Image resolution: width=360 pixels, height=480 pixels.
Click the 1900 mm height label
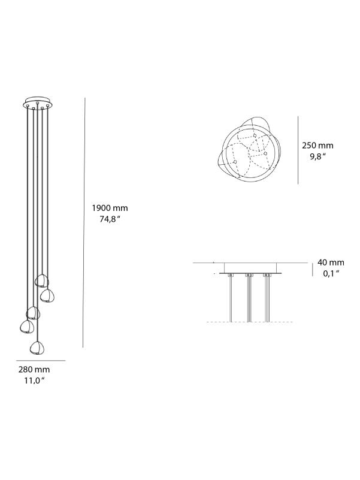[110, 208]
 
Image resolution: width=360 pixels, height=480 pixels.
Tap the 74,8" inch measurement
[110, 219]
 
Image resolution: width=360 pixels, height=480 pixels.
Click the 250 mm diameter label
[317, 146]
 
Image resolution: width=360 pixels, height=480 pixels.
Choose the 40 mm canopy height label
[331, 262]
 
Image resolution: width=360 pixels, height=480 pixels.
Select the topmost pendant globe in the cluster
[41, 280]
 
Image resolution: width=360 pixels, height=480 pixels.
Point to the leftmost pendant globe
[26, 327]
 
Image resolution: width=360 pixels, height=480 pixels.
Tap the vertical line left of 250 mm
[298, 150]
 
